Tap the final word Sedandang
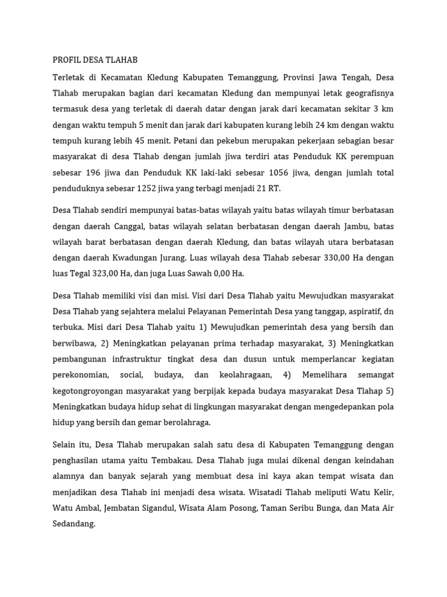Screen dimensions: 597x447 [73, 508]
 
